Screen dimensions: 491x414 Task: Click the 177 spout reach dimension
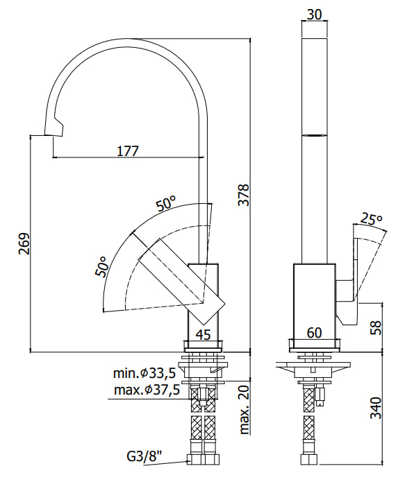pyautogui.click(x=128, y=150)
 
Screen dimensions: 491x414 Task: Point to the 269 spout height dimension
pyautogui.click(x=24, y=244)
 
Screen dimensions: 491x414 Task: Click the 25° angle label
pyautogui.click(x=372, y=220)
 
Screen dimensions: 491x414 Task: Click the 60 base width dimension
pyautogui.click(x=314, y=333)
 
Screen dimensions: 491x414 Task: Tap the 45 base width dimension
pyautogui.click(x=203, y=334)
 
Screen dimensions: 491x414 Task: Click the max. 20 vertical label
pyautogui.click(x=244, y=410)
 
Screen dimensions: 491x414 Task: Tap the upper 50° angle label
pyautogui.click(x=165, y=204)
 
